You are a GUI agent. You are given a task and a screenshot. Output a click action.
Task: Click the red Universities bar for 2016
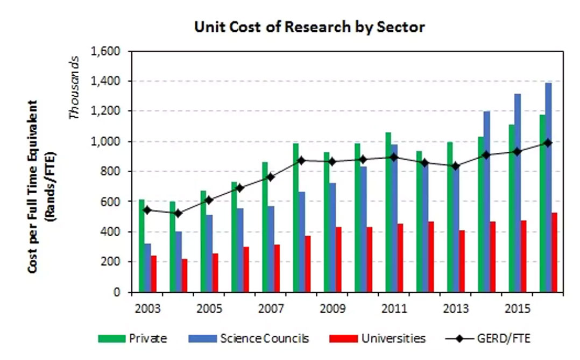(554, 252)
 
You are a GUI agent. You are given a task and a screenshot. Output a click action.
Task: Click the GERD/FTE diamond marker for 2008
(302, 160)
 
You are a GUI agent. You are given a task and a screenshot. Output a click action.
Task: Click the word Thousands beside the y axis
(75, 86)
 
